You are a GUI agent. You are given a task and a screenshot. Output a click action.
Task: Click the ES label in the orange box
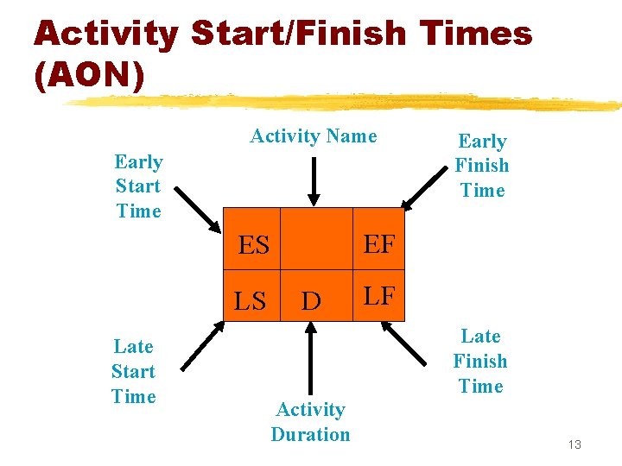click(x=254, y=246)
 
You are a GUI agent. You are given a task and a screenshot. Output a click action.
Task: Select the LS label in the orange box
click(x=251, y=301)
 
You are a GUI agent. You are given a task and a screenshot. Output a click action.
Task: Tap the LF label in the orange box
click(x=379, y=297)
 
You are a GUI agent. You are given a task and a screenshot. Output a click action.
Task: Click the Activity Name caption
click(x=314, y=135)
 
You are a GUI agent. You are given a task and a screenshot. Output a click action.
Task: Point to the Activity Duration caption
click(x=311, y=422)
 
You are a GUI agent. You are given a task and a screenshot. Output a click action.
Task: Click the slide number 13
click(x=575, y=444)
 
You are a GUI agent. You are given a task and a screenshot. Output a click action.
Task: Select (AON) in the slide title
click(x=89, y=74)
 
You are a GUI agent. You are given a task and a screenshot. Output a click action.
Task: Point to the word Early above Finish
click(x=482, y=141)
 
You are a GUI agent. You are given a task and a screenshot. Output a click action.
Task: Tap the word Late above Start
click(x=134, y=347)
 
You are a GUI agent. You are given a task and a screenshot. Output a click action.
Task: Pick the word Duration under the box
click(x=311, y=434)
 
